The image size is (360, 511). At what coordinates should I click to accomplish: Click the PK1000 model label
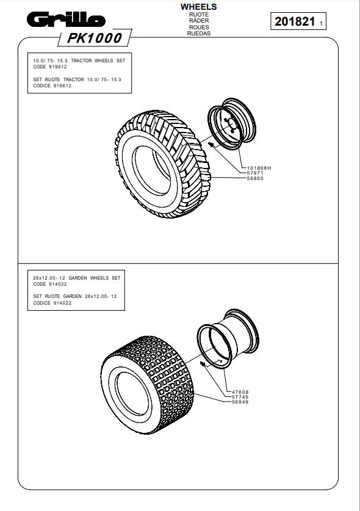(95, 38)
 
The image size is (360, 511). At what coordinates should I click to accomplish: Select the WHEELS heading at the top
(199, 7)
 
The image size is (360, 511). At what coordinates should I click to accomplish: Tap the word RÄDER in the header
(199, 21)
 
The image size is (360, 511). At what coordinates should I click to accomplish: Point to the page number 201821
(295, 21)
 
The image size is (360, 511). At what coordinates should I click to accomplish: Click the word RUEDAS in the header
(199, 33)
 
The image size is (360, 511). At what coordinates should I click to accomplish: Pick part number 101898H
(259, 168)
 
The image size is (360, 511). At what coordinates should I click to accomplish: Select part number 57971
(255, 173)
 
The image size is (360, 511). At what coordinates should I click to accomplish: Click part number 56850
(255, 178)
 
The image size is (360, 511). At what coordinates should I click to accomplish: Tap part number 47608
(240, 392)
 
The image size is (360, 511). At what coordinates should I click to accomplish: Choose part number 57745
(240, 397)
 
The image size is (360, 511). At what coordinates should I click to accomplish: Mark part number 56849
(240, 402)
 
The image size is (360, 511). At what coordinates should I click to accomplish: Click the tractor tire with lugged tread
(162, 164)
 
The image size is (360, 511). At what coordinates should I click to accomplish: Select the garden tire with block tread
(147, 385)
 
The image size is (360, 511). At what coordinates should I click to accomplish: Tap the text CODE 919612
(50, 67)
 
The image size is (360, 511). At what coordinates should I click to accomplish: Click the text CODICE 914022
(52, 303)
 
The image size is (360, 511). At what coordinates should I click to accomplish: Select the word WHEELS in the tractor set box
(104, 60)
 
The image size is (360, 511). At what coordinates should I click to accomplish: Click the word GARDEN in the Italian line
(73, 296)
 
